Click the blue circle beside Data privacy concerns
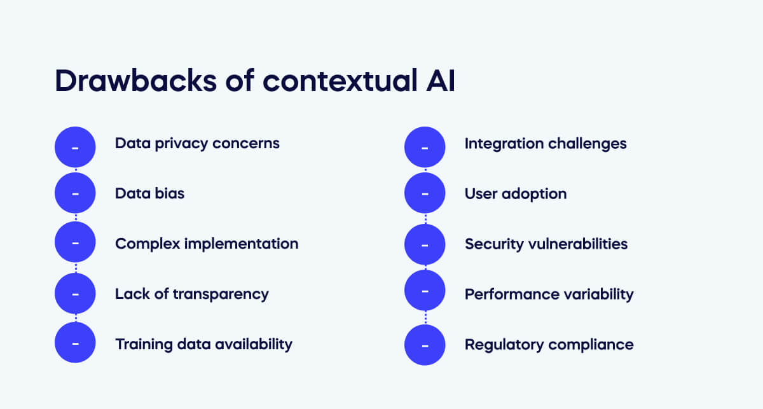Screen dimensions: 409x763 (x=75, y=147)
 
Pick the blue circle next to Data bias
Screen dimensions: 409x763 (x=75, y=193)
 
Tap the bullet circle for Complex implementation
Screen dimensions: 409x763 (x=75, y=243)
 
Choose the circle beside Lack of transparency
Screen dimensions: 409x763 (x=75, y=293)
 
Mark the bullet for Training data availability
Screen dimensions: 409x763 (x=75, y=343)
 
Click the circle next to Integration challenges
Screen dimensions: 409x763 (x=425, y=147)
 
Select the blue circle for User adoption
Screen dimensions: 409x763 (x=425, y=193)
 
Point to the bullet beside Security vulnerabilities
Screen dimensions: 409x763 (x=425, y=245)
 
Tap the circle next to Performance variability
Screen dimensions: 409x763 (x=425, y=291)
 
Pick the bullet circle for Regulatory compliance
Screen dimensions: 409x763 (x=425, y=345)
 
